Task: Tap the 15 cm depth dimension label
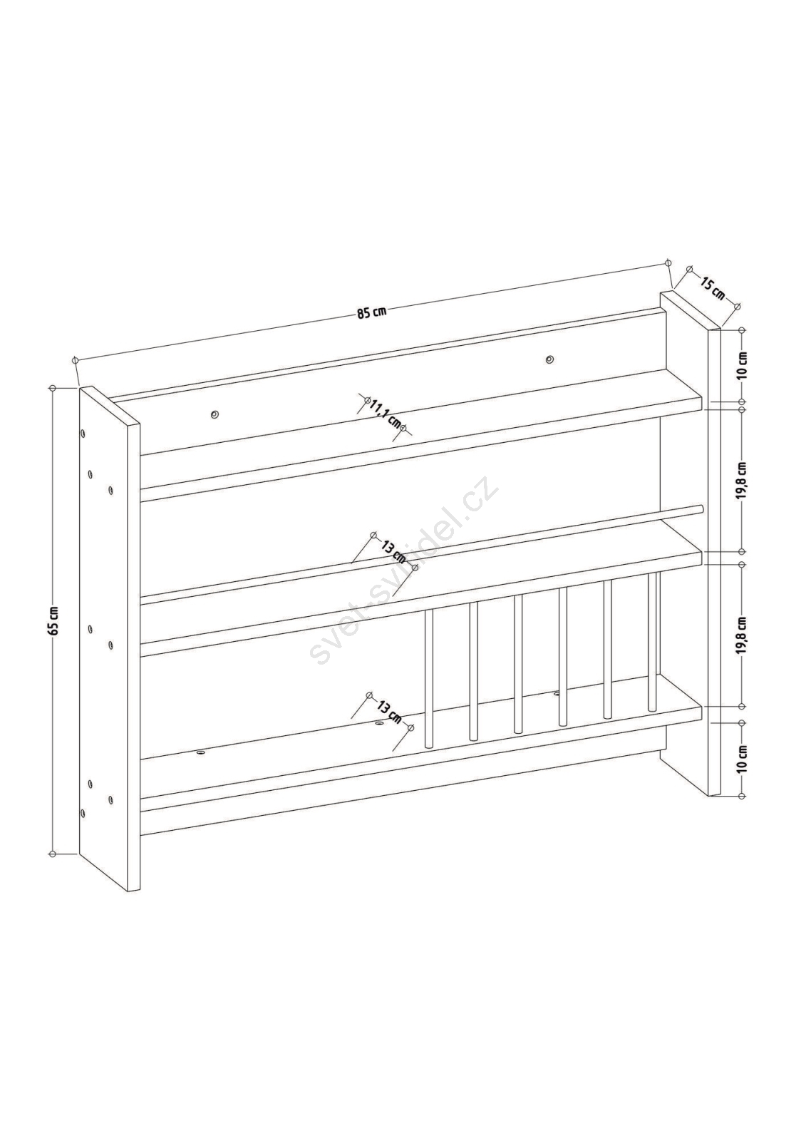[x=713, y=288]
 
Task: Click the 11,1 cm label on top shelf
[x=386, y=413]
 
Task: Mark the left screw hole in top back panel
[x=215, y=414]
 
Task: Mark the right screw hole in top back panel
[x=549, y=359]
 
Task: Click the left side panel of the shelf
[x=109, y=639]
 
